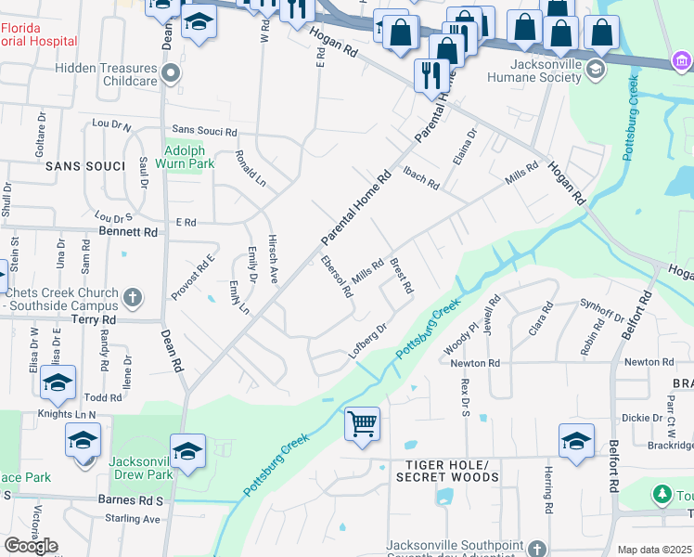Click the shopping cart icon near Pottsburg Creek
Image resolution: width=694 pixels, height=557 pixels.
point(362,423)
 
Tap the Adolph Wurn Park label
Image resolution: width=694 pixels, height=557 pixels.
point(189,157)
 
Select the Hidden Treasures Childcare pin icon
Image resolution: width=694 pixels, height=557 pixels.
point(170,71)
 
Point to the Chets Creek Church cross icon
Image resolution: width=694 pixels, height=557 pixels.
point(133,297)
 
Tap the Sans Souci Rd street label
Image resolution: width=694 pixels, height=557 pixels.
point(205,132)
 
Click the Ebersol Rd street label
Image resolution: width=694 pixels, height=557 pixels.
point(336,277)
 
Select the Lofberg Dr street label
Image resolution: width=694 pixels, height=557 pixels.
point(366,341)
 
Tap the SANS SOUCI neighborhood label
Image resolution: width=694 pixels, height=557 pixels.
point(84,166)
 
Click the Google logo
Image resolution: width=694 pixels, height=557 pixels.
point(31,545)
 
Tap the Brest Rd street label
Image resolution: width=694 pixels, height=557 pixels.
point(401,276)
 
